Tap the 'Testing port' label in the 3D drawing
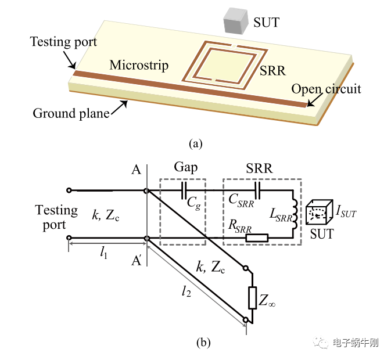coord(63,42)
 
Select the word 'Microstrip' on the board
coord(139,64)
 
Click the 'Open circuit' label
coord(326,89)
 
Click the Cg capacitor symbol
coord(184,190)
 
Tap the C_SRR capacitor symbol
coord(259,190)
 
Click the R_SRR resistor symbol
coord(256,237)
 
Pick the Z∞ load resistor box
coord(252,297)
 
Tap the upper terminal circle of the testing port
coord(69,190)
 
